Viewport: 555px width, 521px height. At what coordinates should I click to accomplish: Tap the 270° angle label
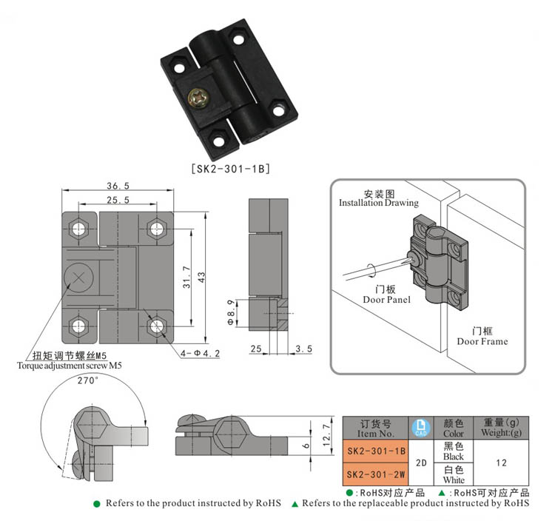88,381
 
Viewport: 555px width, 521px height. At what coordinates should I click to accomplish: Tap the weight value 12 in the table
501,463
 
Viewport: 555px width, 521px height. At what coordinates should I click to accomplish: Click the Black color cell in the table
453,451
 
